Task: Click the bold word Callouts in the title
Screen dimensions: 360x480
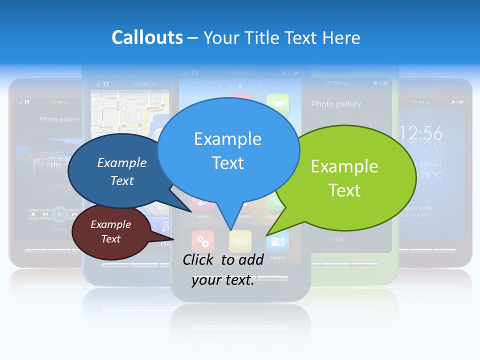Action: pos(147,37)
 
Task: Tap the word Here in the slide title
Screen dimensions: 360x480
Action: pos(341,37)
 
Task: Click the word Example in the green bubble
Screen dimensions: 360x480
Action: pos(344,166)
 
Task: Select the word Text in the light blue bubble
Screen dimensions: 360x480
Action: pos(227,163)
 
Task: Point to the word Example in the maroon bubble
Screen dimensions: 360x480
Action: pos(110,224)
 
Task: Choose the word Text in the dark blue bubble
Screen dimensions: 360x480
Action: pos(122,180)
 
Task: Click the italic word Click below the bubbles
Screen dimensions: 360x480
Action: pos(199,259)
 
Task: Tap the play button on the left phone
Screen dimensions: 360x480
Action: pos(60,214)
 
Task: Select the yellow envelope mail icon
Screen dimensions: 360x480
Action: pos(240,242)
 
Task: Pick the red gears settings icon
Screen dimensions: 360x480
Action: pos(203,241)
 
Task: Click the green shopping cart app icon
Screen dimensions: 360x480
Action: pos(277,104)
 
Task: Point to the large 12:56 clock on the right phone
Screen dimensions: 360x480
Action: pos(421,133)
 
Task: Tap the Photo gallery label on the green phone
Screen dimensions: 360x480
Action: pos(335,104)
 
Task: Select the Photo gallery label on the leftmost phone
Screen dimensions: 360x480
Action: pos(59,119)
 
